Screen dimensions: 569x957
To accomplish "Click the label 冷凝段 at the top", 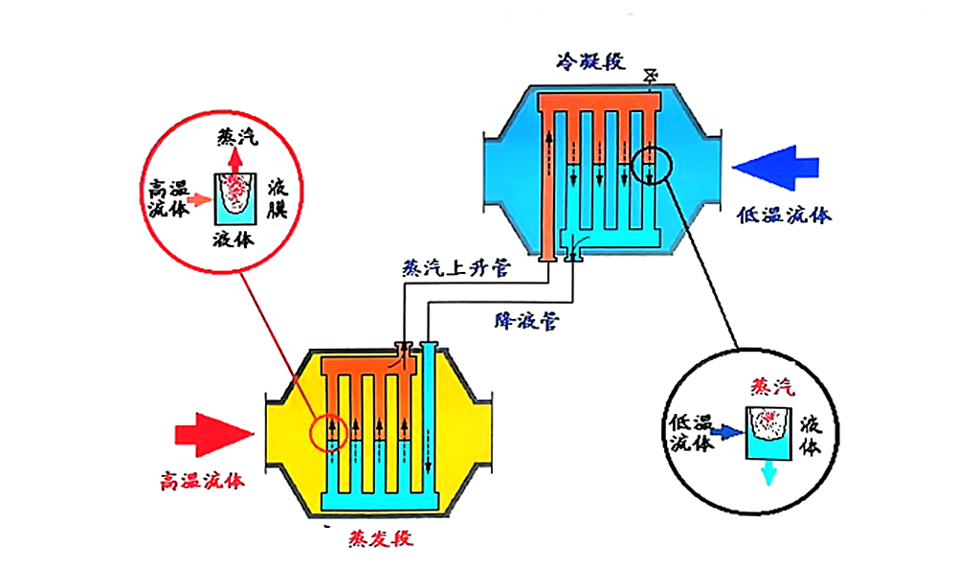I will [x=590, y=62].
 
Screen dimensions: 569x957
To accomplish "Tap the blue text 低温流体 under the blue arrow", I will [x=784, y=216].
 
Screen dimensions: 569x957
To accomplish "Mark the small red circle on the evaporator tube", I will [x=327, y=433].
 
